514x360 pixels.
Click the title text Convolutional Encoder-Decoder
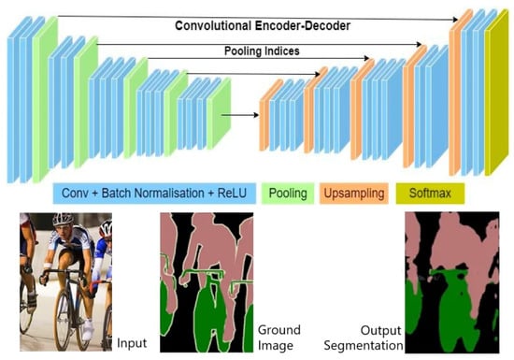pyautogui.click(x=263, y=25)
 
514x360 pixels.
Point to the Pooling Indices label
pyautogui.click(x=262, y=50)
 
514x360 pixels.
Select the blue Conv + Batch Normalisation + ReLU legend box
pyautogui.click(x=154, y=194)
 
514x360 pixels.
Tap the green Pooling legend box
pyautogui.click(x=288, y=194)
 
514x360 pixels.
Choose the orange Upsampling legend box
pyautogui.click(x=354, y=194)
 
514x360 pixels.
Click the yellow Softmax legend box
pyautogui.click(x=430, y=194)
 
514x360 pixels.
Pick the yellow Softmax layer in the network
pyautogui.click(x=496, y=93)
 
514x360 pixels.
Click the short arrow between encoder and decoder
pyautogui.click(x=240, y=115)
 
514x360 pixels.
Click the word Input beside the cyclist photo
pyautogui.click(x=132, y=343)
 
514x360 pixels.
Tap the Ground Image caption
pyautogui.click(x=279, y=338)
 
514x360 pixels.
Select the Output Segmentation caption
pyautogui.click(x=364, y=338)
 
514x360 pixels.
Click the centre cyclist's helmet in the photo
pyautogui.click(x=63, y=219)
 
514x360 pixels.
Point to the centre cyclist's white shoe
pyautogui.click(x=88, y=330)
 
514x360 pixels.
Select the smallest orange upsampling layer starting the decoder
pyautogui.click(x=271, y=115)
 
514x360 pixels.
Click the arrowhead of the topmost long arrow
pyautogui.click(x=455, y=20)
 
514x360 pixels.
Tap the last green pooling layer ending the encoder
pyautogui.click(x=219, y=114)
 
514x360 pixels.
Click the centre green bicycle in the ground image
pyautogui.click(x=209, y=311)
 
